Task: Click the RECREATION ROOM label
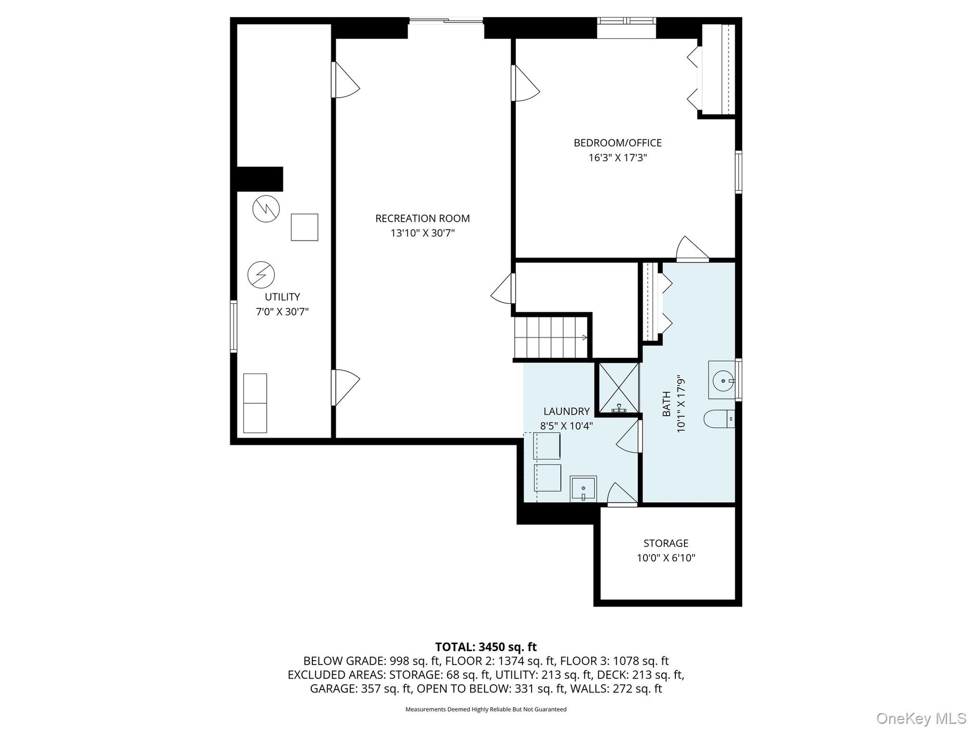coord(422,218)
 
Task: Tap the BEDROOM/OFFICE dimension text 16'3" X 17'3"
coord(618,157)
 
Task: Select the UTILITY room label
coord(282,297)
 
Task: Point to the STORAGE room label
coord(666,543)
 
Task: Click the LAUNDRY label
coord(566,411)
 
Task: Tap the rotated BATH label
coord(666,404)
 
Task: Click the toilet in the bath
coord(719,419)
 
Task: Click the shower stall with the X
coord(619,388)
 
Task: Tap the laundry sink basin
coord(583,489)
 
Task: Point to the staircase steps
coord(551,337)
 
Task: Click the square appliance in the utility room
coord(304,227)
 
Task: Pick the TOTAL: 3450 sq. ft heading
coord(486,647)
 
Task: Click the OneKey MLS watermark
coord(921,718)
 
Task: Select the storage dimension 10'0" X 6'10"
coord(666,558)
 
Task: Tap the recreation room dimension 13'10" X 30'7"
coord(422,233)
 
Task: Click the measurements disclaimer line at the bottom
coord(486,709)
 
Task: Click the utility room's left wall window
coord(233,327)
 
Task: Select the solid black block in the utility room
coord(260,179)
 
